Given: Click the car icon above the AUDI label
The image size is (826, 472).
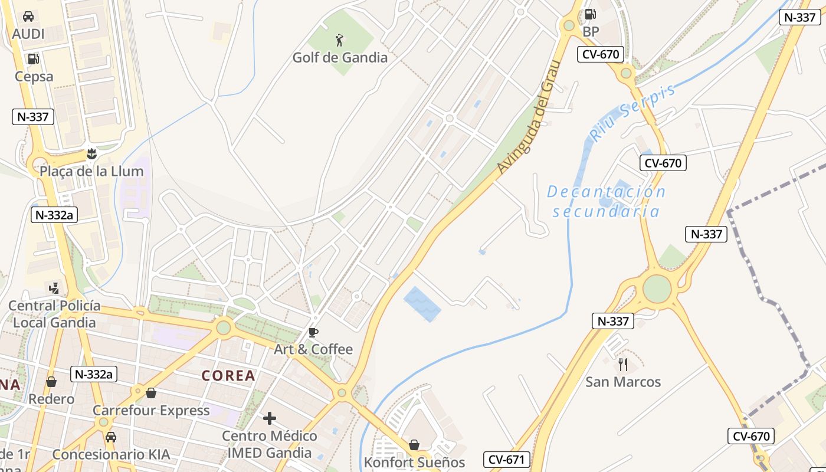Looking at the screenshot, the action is click(x=28, y=16).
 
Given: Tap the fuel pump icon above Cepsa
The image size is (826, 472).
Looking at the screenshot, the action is click(x=34, y=58).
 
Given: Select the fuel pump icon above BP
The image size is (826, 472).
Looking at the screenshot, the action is click(x=590, y=14).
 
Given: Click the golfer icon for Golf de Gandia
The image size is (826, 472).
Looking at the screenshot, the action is click(x=339, y=40).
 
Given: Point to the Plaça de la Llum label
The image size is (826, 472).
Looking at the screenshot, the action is click(x=91, y=171).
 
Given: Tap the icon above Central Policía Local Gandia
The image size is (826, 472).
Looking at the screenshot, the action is click(x=54, y=288).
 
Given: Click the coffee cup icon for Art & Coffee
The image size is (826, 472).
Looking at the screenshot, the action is click(x=313, y=332).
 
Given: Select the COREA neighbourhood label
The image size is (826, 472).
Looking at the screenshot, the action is click(x=228, y=376).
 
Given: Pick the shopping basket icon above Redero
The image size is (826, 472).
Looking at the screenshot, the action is click(x=51, y=382).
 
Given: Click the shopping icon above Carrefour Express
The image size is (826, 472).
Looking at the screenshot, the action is click(x=151, y=393).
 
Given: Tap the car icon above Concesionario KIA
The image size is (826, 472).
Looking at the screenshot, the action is click(x=110, y=437).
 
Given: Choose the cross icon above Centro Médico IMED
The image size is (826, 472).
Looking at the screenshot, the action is click(x=270, y=418).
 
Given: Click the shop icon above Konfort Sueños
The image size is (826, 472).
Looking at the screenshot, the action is click(x=414, y=444).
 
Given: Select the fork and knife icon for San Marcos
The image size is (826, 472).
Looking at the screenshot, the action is click(x=623, y=364).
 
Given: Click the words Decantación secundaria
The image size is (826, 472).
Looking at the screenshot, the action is click(x=606, y=201).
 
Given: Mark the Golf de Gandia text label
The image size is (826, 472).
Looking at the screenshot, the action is click(x=340, y=57).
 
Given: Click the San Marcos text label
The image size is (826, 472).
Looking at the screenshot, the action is click(x=623, y=382).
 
